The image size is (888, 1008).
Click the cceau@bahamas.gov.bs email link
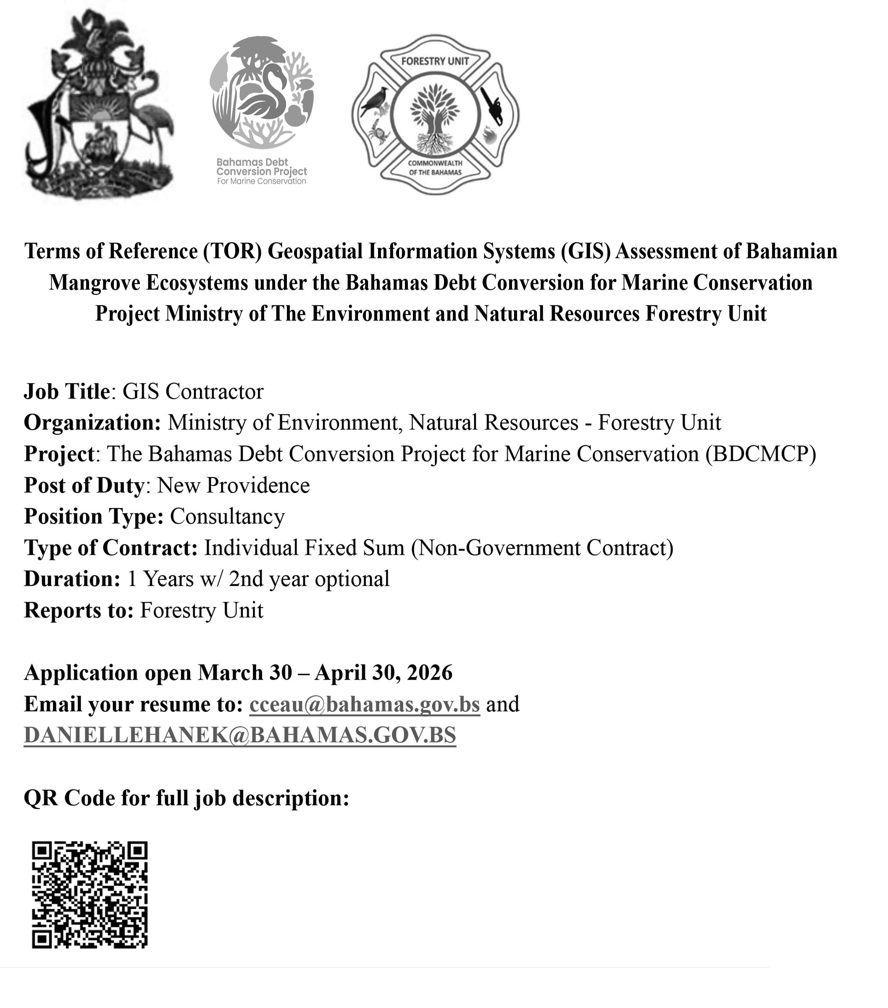(x=364, y=704)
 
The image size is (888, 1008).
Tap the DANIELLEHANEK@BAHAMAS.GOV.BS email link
(x=240, y=735)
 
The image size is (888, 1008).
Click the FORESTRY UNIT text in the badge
(x=435, y=61)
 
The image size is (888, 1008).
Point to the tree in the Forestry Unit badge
(x=435, y=116)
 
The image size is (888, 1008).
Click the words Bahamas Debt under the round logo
(x=252, y=162)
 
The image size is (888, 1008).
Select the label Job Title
(x=67, y=391)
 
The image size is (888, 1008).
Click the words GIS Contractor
(x=193, y=391)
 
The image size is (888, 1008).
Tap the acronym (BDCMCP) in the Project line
(x=760, y=454)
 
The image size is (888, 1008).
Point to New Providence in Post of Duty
(x=234, y=485)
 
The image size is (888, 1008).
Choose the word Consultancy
(x=227, y=516)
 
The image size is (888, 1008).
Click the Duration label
(x=72, y=579)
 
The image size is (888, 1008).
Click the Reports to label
(x=79, y=611)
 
